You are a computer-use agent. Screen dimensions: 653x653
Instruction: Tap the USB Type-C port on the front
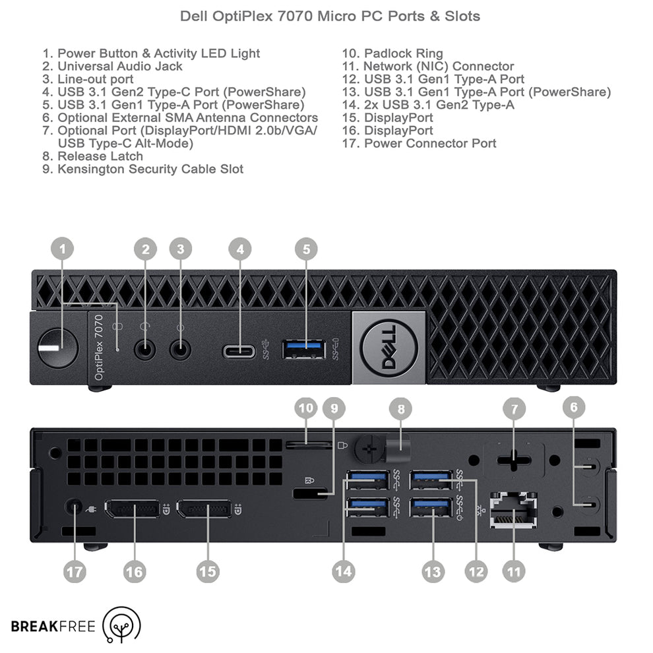(240, 350)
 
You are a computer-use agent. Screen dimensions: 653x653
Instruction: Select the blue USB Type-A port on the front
(304, 349)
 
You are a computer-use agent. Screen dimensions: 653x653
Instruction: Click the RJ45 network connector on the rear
(513, 510)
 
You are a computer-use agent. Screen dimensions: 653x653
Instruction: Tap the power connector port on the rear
(74, 508)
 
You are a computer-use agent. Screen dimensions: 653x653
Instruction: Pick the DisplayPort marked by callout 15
(207, 510)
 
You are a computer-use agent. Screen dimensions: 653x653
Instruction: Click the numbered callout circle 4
(240, 249)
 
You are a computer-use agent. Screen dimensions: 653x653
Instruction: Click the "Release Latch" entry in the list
(100, 156)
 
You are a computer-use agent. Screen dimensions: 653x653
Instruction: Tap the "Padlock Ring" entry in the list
(403, 53)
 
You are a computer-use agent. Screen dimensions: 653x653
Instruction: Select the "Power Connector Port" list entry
(429, 143)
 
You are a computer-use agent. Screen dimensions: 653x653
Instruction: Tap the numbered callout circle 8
(401, 410)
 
